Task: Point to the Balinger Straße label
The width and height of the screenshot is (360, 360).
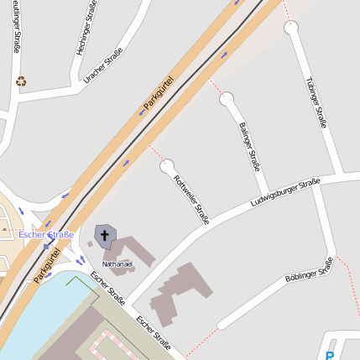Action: pos(249,147)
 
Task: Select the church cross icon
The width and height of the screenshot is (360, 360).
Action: pos(105,236)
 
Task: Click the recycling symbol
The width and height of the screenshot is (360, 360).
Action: pos(21,81)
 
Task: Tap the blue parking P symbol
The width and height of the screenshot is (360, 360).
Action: pos(329,346)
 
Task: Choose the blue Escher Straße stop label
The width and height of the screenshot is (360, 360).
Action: pos(46,235)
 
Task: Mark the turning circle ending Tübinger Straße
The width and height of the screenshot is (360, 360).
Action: pos(290,28)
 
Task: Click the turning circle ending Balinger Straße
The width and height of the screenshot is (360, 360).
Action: pos(226,99)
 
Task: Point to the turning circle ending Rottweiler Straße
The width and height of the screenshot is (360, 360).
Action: pos(168,166)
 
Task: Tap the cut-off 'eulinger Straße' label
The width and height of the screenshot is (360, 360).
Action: pos(16,27)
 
